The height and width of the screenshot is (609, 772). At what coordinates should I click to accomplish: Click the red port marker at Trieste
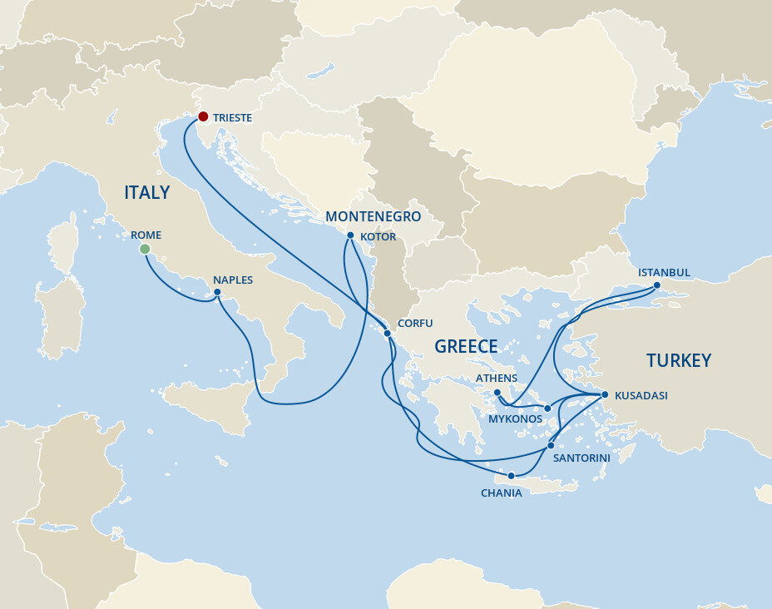click(202, 117)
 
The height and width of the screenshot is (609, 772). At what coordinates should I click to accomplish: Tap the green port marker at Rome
click(145, 249)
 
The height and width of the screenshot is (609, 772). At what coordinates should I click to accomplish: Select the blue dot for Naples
click(217, 292)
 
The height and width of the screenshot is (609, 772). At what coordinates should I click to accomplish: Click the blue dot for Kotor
click(350, 235)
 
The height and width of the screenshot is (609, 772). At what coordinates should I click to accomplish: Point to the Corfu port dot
click(388, 333)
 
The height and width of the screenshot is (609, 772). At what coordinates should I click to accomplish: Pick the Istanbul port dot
click(656, 285)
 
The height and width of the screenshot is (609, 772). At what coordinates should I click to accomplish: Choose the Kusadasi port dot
click(605, 394)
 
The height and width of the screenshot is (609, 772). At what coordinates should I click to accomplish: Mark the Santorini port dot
click(551, 446)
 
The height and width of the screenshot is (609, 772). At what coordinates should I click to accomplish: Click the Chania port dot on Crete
click(511, 476)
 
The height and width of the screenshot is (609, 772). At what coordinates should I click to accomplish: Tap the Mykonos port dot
click(547, 408)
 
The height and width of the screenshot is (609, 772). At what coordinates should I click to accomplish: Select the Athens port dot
click(497, 393)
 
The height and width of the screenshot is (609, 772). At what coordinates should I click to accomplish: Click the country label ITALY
click(146, 193)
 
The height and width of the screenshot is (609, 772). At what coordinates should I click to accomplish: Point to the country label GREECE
click(466, 347)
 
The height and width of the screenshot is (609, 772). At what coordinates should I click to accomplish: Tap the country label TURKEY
click(679, 360)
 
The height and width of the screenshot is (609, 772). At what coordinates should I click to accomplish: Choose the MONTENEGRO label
click(373, 216)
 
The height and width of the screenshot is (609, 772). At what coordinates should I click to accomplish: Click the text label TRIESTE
click(232, 118)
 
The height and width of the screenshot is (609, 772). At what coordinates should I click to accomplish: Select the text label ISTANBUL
click(664, 272)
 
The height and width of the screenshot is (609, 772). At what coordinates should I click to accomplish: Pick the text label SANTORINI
click(582, 458)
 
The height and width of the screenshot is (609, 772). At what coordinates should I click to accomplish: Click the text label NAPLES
click(232, 280)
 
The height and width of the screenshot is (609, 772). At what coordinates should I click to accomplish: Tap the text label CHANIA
click(502, 493)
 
